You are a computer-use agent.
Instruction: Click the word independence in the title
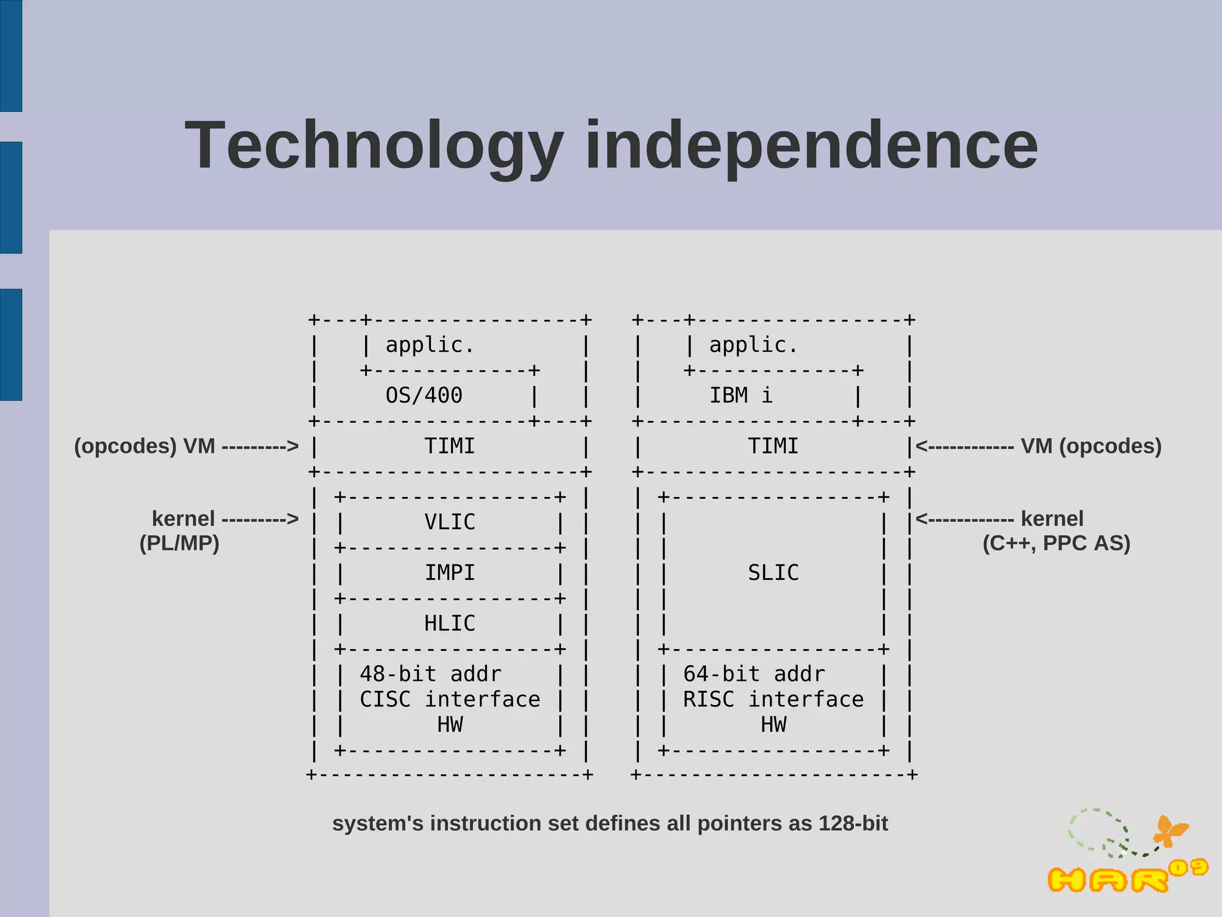(x=811, y=146)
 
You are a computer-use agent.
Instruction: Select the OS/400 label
(x=424, y=396)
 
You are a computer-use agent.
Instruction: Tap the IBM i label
(x=740, y=396)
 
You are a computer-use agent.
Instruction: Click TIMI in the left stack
(x=449, y=446)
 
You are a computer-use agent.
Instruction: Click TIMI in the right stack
(x=773, y=446)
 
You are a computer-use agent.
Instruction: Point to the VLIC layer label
(x=449, y=522)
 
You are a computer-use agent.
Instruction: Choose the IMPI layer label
(x=449, y=573)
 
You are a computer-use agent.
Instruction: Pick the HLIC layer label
(x=449, y=623)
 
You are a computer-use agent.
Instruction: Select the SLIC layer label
(x=773, y=573)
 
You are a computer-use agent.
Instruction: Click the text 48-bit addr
(x=430, y=674)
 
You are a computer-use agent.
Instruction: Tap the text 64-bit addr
(x=754, y=674)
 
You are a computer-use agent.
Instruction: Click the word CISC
(x=385, y=699)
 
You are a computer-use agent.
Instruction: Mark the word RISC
(x=708, y=699)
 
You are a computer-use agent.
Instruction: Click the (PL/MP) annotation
(x=179, y=543)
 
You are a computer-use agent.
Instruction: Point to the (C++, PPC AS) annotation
(x=1056, y=543)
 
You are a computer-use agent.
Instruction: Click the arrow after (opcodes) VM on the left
(x=260, y=446)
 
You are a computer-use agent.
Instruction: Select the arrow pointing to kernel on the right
(x=964, y=519)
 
